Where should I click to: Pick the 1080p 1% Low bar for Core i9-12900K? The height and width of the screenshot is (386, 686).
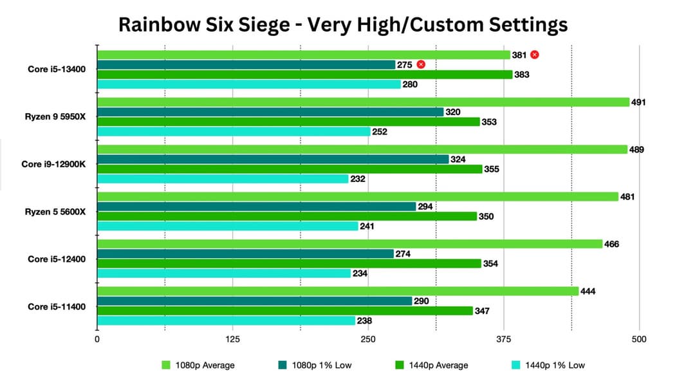[x=273, y=160]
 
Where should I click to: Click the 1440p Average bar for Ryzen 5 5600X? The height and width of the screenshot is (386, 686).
[x=287, y=216]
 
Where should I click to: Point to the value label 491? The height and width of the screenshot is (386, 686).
[x=638, y=102]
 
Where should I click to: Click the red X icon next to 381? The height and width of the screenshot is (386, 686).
[x=535, y=55]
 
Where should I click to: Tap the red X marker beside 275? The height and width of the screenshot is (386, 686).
[x=421, y=64]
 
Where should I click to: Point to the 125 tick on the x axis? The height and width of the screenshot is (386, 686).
[x=232, y=339]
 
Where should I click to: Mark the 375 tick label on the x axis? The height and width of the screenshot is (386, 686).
[x=504, y=339]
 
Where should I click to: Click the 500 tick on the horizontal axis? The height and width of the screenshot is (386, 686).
[x=638, y=339]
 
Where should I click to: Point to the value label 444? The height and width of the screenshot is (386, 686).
[x=588, y=291]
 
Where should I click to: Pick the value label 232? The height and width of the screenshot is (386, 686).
[x=358, y=179]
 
